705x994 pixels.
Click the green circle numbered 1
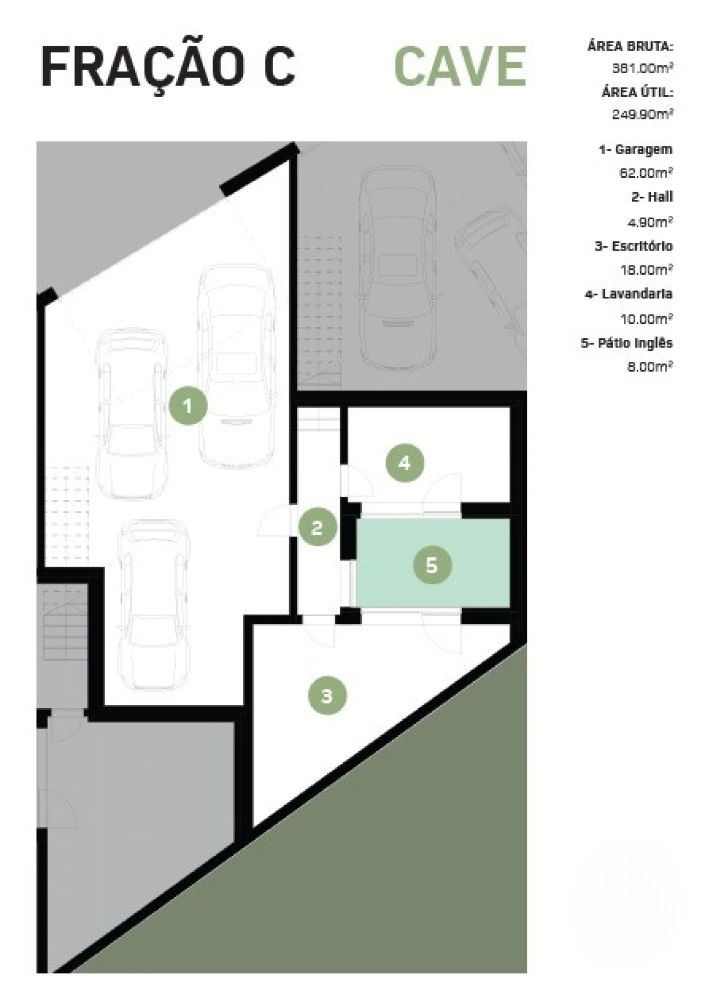click(x=188, y=406)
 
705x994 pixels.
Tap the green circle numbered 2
click(x=317, y=528)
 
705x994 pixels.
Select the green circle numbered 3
click(x=327, y=696)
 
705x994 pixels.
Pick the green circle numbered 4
click(x=405, y=463)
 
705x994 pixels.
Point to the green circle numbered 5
click(x=432, y=565)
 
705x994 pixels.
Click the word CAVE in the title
click(x=460, y=66)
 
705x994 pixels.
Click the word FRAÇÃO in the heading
click(x=142, y=67)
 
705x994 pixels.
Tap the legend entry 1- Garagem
click(x=636, y=149)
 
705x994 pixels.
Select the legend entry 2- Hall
click(x=652, y=197)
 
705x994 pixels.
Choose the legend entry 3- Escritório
click(x=633, y=246)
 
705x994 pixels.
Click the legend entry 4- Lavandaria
click(x=629, y=294)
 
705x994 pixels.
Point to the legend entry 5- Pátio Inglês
click(x=627, y=343)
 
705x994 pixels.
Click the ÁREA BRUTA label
click(x=631, y=46)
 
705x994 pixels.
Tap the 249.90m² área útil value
click(x=643, y=114)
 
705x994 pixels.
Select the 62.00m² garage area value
click(x=646, y=173)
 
